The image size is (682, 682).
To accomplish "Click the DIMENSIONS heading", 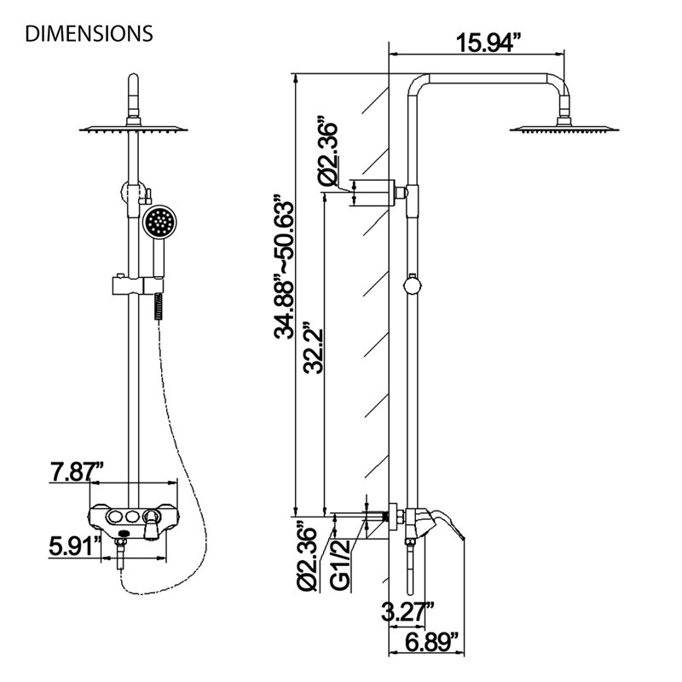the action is (x=90, y=33).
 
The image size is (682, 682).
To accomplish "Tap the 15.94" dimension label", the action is (x=488, y=43).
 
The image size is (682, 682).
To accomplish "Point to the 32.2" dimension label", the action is (x=313, y=348).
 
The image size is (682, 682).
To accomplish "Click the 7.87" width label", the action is (x=77, y=472).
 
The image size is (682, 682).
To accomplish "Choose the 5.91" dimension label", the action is (x=75, y=546).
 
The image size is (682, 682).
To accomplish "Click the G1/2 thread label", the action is (x=340, y=565).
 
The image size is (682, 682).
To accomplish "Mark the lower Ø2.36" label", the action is (x=306, y=557).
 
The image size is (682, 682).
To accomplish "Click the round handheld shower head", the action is (x=159, y=222).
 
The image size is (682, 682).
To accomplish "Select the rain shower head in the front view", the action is (x=134, y=129).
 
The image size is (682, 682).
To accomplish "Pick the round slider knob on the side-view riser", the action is (x=412, y=285).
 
